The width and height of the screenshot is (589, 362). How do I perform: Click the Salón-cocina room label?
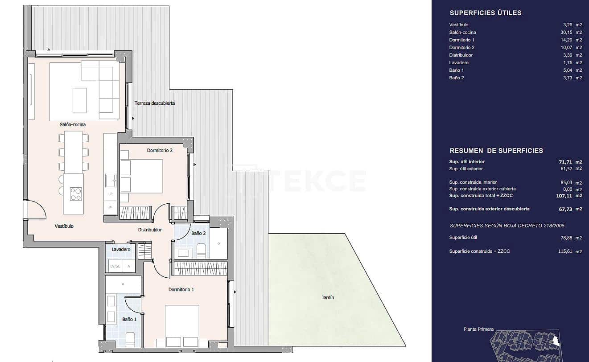click(73, 124)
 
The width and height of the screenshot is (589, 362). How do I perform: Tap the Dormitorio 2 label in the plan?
click(160, 151)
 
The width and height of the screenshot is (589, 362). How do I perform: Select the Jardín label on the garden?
click(328, 297)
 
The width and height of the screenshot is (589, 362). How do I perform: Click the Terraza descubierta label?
click(155, 103)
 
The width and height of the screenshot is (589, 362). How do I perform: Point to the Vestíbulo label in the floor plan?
click(64, 226)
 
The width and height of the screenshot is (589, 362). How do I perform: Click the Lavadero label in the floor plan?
click(121, 250)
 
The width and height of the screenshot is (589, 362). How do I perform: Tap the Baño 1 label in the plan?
click(129, 319)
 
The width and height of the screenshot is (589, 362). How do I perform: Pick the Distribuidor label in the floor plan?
click(150, 230)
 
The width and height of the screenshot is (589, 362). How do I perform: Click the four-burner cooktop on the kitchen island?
click(76, 194)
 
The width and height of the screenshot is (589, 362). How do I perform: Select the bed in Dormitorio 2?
click(141, 176)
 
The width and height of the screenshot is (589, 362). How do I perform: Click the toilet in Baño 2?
click(201, 250)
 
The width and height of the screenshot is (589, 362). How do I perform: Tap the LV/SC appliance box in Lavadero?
click(115, 266)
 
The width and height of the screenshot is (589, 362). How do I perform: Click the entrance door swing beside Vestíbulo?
click(36, 210)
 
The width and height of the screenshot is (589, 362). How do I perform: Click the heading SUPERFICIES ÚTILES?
click(485, 13)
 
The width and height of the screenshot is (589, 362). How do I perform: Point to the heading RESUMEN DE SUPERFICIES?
click(496, 151)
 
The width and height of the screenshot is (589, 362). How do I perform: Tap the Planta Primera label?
click(478, 329)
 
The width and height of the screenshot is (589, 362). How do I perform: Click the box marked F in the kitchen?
click(110, 208)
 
